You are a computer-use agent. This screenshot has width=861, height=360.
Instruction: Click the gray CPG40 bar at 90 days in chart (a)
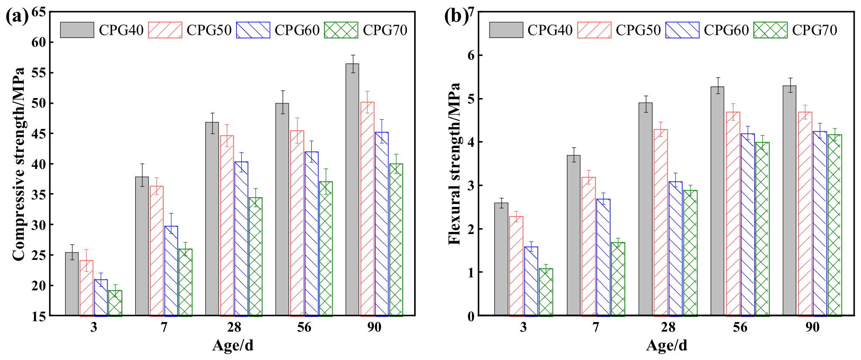352,190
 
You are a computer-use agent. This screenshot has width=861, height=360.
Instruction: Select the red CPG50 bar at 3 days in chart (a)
86,288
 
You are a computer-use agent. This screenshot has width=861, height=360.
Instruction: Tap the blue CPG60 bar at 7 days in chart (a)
171,271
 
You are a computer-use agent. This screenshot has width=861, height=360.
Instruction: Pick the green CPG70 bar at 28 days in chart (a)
255,257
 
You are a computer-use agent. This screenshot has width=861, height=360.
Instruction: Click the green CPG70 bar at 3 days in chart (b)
546,292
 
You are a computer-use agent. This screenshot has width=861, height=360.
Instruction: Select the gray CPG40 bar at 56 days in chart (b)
717,201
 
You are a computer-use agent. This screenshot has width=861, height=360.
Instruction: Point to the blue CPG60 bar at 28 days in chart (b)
675,249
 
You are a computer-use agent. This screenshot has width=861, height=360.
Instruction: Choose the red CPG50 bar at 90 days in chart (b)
805,214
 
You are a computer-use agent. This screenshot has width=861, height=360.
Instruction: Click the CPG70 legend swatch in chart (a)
341,30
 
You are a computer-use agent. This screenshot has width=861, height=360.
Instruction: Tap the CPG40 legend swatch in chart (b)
506,30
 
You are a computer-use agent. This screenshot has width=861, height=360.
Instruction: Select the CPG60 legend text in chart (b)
726,30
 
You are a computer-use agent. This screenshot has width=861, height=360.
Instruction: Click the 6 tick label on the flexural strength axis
471,55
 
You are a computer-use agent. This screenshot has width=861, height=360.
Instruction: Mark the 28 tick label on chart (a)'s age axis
234,327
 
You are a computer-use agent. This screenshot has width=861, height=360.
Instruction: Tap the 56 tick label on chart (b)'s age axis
740,327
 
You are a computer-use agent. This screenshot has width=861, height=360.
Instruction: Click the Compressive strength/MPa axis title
18,164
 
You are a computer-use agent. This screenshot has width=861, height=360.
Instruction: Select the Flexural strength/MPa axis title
454,164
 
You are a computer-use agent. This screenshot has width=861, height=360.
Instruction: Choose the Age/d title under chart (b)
667,346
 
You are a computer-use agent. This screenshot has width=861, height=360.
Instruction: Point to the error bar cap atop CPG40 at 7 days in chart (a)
142,164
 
